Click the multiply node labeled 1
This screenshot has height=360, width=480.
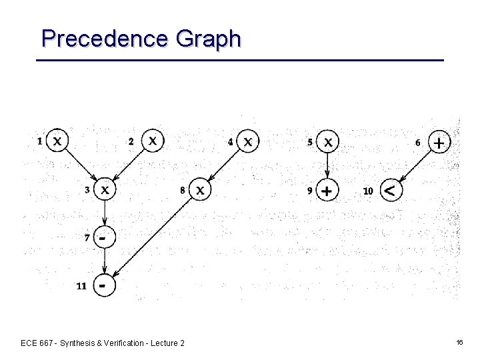[x=58, y=141]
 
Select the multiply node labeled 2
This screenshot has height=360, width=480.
[x=153, y=140]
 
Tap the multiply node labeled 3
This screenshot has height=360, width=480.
[x=105, y=190]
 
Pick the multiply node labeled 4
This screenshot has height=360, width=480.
[x=248, y=141]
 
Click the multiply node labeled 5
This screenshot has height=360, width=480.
[x=327, y=141]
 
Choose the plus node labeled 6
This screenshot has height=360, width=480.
[x=439, y=142]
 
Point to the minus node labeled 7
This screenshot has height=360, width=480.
[x=103, y=237]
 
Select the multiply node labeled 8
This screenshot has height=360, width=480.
[x=199, y=190]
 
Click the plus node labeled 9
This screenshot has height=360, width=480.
[x=327, y=191]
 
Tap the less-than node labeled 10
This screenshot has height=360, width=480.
[x=391, y=191]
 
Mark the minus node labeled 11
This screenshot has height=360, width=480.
[x=103, y=285]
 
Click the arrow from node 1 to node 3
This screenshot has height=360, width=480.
[x=81, y=166]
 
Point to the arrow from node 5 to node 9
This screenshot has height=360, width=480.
[x=327, y=166]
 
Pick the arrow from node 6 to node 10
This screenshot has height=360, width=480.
[x=415, y=167]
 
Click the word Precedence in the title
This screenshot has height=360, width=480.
[x=106, y=39]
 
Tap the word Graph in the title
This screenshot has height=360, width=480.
[x=208, y=39]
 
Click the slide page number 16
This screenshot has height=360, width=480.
[x=459, y=342]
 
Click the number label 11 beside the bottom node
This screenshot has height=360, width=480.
[x=81, y=286]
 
